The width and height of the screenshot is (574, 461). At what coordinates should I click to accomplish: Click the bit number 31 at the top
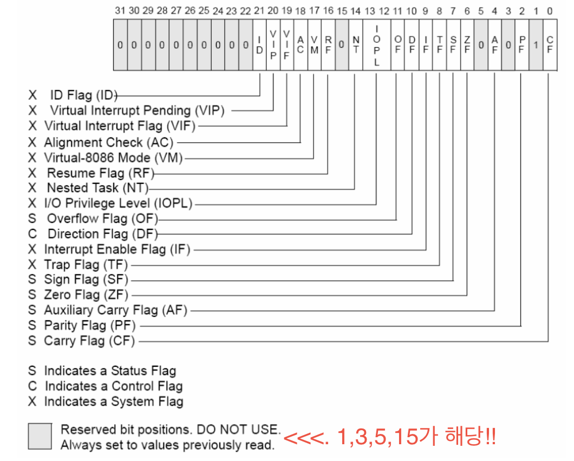(120, 10)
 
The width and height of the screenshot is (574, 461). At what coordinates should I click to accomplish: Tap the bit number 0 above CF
(550, 10)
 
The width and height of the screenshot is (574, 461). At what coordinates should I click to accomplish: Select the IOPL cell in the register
(376, 45)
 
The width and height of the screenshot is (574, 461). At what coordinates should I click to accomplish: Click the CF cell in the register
(550, 45)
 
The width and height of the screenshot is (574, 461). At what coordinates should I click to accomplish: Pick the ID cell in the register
(259, 45)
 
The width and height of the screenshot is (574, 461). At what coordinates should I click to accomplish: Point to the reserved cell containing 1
(536, 45)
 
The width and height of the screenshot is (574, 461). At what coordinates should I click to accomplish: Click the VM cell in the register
(314, 45)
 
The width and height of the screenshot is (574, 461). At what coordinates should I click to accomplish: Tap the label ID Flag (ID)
(83, 96)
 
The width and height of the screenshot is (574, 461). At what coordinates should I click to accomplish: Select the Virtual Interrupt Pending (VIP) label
(137, 110)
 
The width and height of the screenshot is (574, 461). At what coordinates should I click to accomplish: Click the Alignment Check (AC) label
(109, 142)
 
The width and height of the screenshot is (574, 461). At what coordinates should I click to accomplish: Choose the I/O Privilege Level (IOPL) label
(118, 203)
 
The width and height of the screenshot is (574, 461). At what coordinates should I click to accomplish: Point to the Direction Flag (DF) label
(102, 234)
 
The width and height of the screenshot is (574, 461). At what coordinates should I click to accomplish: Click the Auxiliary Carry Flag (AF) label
(115, 310)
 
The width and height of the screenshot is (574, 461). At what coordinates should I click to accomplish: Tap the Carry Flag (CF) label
(89, 341)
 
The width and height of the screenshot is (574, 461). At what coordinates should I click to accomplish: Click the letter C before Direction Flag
(32, 234)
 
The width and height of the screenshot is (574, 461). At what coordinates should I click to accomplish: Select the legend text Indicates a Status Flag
(110, 371)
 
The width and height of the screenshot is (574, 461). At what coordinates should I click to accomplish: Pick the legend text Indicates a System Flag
(113, 401)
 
